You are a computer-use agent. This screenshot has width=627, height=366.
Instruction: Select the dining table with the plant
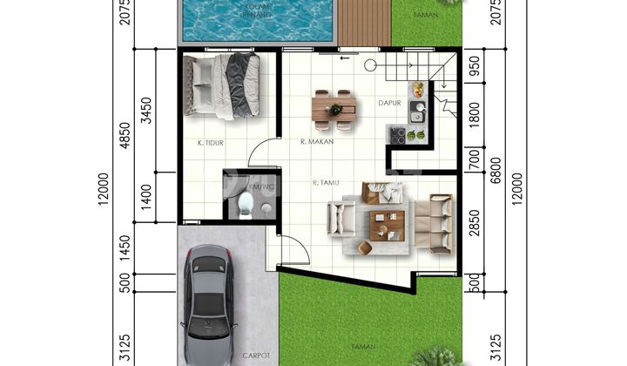point(334,109)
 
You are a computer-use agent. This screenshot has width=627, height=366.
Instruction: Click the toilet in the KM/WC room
point(246,204)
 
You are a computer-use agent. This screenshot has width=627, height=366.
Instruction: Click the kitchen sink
point(416,112)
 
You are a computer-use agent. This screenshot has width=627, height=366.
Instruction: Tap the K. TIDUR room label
point(212,140)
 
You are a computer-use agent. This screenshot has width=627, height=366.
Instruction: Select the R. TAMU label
point(325,182)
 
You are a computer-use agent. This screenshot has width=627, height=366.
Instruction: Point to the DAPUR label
point(388,103)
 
